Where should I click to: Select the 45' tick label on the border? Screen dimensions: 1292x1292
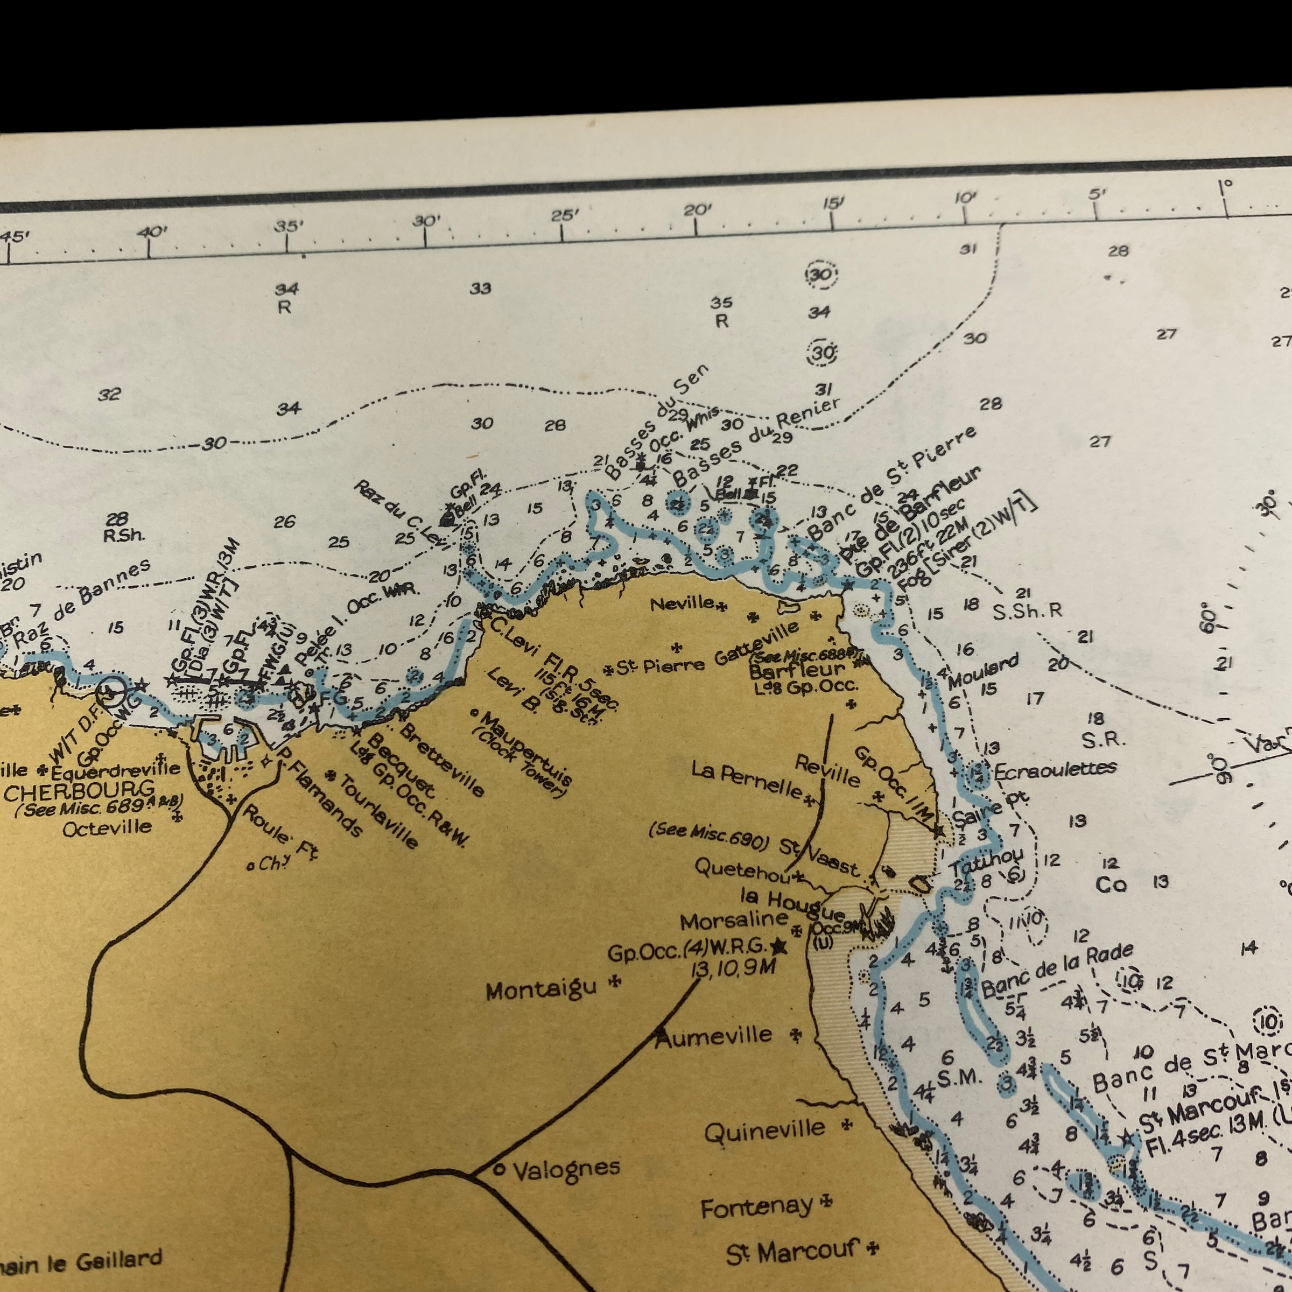(x=15, y=237)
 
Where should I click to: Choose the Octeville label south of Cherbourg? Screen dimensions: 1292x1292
(x=107, y=827)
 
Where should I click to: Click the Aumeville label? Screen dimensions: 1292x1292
(x=720, y=1036)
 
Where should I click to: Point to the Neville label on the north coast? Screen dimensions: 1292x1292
(x=682, y=603)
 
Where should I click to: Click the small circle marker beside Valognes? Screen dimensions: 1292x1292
(x=498, y=1170)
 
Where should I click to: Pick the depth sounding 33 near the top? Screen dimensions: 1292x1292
(x=480, y=288)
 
